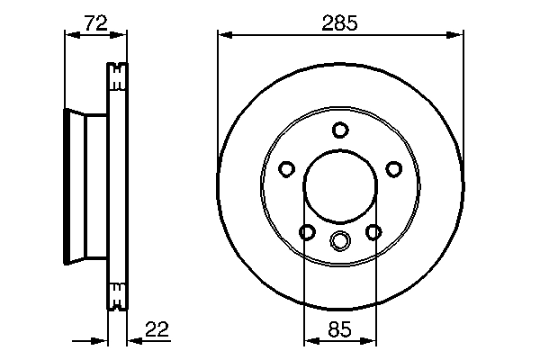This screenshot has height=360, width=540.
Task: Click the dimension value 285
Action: click(339, 24)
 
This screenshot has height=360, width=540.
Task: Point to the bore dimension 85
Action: click(339, 328)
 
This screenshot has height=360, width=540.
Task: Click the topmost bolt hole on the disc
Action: click(339, 130)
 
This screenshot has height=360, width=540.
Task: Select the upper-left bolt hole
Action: click(286, 168)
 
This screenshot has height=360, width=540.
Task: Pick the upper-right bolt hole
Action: click(393, 168)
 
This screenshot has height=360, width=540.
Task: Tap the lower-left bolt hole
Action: click(306, 233)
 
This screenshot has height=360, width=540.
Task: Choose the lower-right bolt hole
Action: click(373, 233)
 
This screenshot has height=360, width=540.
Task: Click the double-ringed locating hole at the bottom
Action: click(339, 240)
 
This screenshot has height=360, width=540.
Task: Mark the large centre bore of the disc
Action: click(339, 186)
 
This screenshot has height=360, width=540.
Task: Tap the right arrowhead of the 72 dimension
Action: click(123, 36)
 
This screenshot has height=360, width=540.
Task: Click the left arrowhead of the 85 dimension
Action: click(309, 340)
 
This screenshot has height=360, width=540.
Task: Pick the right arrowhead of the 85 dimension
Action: click(370, 340)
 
